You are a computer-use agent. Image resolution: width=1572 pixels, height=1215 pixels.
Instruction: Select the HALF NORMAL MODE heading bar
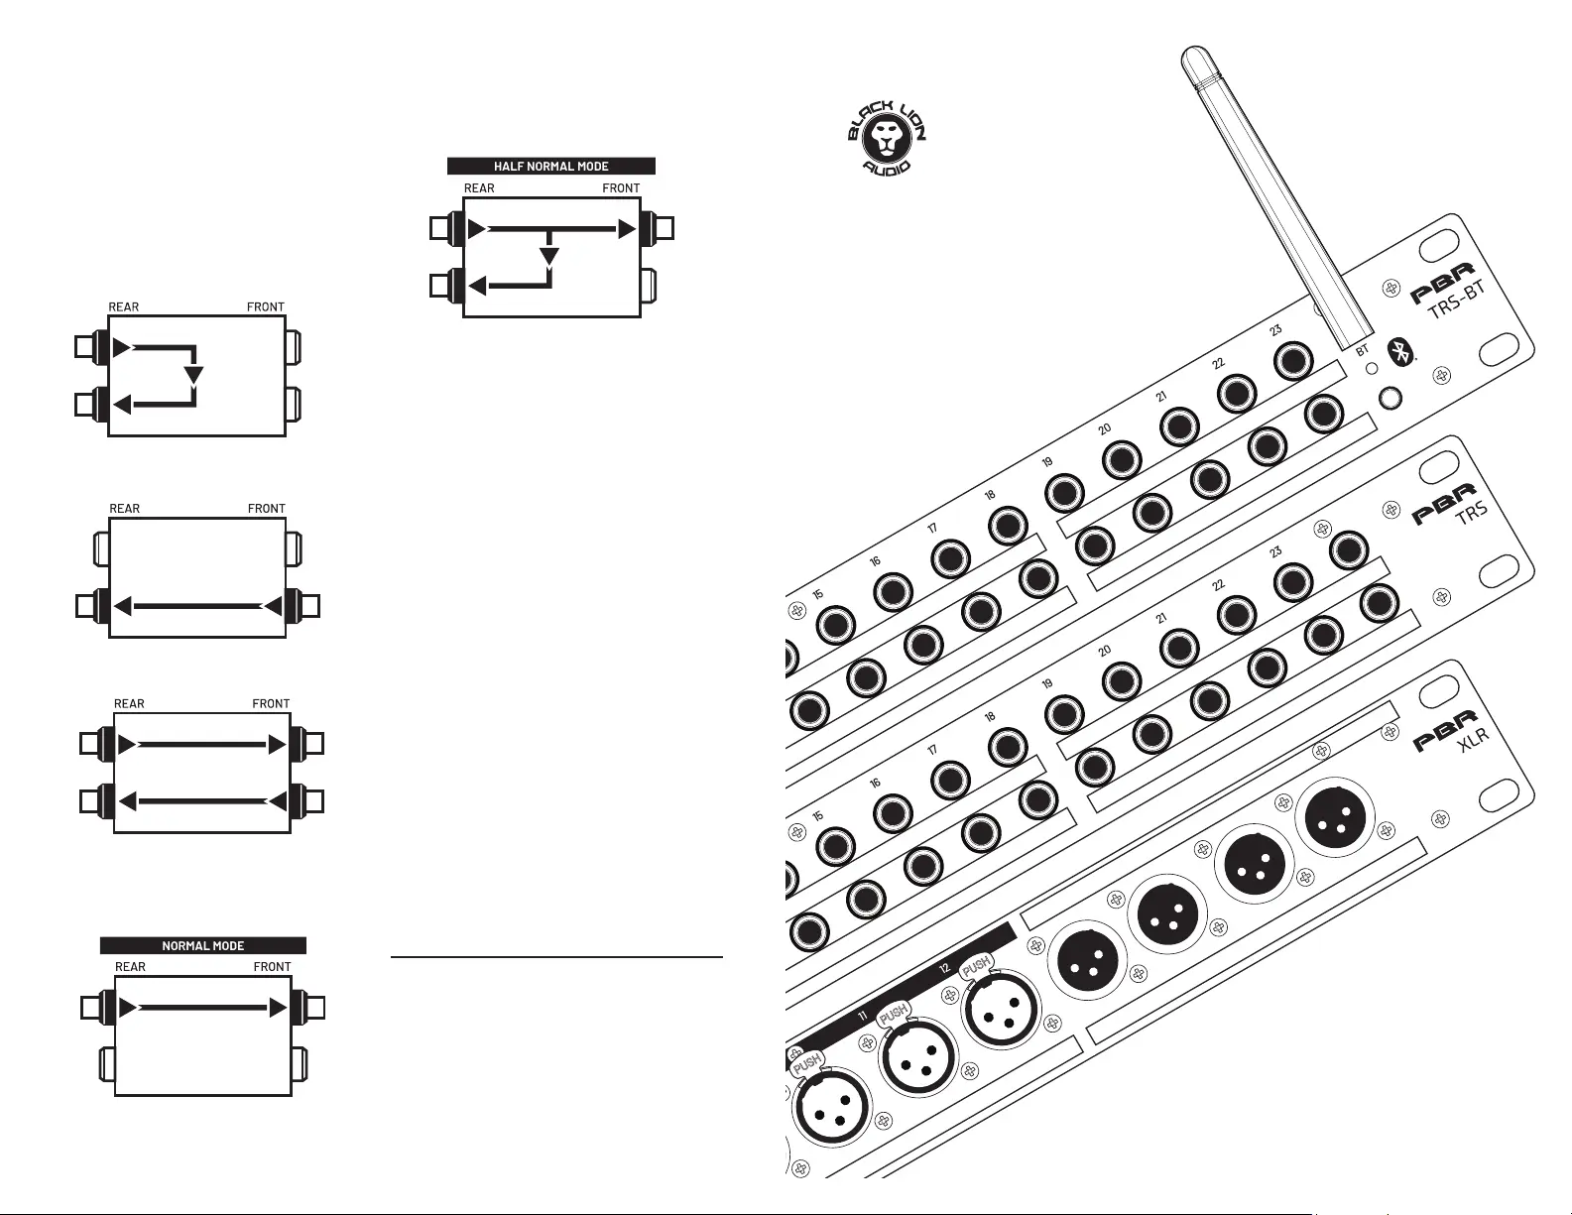pyautogui.click(x=551, y=166)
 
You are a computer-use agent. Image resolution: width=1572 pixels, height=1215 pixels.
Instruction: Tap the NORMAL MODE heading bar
pyautogui.click(x=203, y=945)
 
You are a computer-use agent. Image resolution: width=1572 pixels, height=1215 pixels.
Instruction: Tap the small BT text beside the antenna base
pyautogui.click(x=1362, y=350)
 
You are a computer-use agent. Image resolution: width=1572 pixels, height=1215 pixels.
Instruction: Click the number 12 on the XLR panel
pyautogui.click(x=944, y=968)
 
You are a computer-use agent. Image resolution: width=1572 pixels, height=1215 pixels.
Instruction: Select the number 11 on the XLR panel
pyautogui.click(x=862, y=1017)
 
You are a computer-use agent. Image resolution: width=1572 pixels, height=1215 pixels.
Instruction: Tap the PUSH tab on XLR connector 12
pyautogui.click(x=976, y=965)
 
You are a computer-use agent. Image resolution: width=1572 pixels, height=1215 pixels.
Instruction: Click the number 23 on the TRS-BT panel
pyautogui.click(x=1275, y=330)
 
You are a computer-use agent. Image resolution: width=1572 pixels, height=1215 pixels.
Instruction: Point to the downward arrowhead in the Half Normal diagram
pyautogui.click(x=548, y=258)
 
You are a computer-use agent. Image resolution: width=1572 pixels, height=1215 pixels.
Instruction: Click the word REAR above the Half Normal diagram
pyautogui.click(x=479, y=188)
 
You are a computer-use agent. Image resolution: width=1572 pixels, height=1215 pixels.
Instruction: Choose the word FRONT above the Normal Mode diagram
pyautogui.click(x=272, y=967)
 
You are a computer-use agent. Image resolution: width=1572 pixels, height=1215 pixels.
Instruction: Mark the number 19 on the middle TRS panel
pyautogui.click(x=1047, y=683)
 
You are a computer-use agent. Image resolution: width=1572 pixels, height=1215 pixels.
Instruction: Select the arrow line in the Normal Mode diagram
pyautogui.click(x=203, y=1008)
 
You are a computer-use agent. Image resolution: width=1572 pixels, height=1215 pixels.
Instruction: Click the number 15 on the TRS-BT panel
pyautogui.click(x=818, y=594)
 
